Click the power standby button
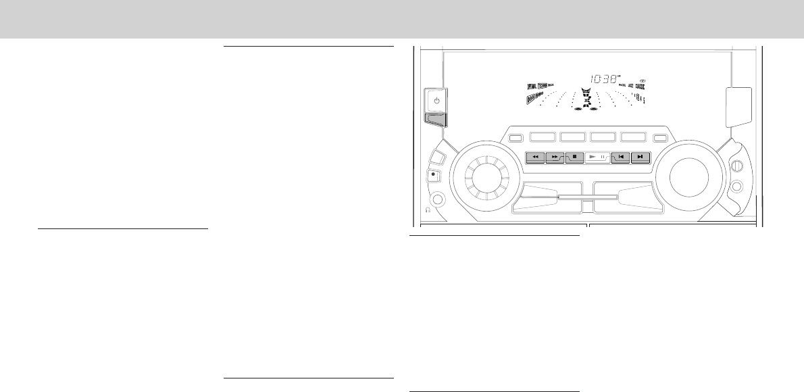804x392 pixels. (x=436, y=101)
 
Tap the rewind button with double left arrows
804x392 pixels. (x=534, y=157)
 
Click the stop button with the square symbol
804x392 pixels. (x=574, y=157)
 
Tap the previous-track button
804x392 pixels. (x=620, y=157)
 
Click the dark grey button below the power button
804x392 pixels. (x=436, y=120)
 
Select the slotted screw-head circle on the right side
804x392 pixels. (x=738, y=165)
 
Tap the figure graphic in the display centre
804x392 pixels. (x=585, y=100)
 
